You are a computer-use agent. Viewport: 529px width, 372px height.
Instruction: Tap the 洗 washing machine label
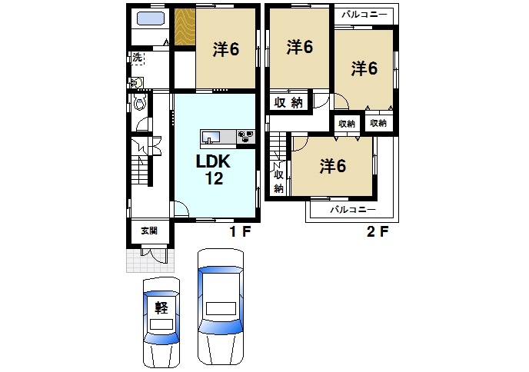click(137, 58)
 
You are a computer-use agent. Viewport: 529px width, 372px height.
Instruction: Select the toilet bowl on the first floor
click(140, 101)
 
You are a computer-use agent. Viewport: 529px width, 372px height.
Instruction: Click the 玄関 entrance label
click(148, 231)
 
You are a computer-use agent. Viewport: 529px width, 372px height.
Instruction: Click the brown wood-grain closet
click(184, 28)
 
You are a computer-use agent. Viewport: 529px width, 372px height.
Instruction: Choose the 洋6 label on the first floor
click(225, 48)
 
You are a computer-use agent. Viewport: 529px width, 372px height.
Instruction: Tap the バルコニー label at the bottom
click(352, 210)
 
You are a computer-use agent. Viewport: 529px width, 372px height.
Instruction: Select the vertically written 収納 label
click(278, 181)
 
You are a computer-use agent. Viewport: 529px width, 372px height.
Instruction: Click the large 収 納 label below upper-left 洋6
click(288, 103)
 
